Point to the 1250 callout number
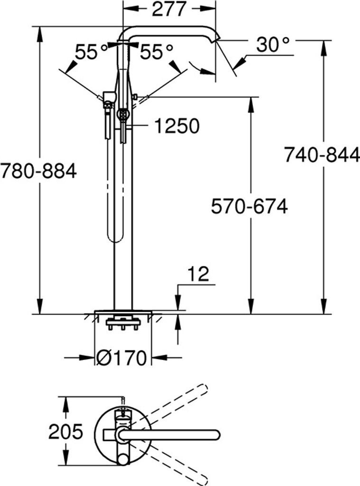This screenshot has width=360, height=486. (177, 126)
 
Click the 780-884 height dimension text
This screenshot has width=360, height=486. (38, 171)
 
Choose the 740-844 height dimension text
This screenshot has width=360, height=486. (322, 155)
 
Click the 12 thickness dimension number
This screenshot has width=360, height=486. (198, 274)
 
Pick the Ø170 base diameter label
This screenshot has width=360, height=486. (121, 358)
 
